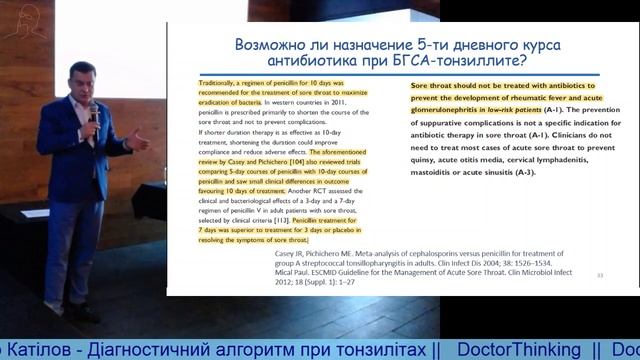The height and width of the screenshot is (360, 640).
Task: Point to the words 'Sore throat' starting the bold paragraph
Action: coord(433,86)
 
